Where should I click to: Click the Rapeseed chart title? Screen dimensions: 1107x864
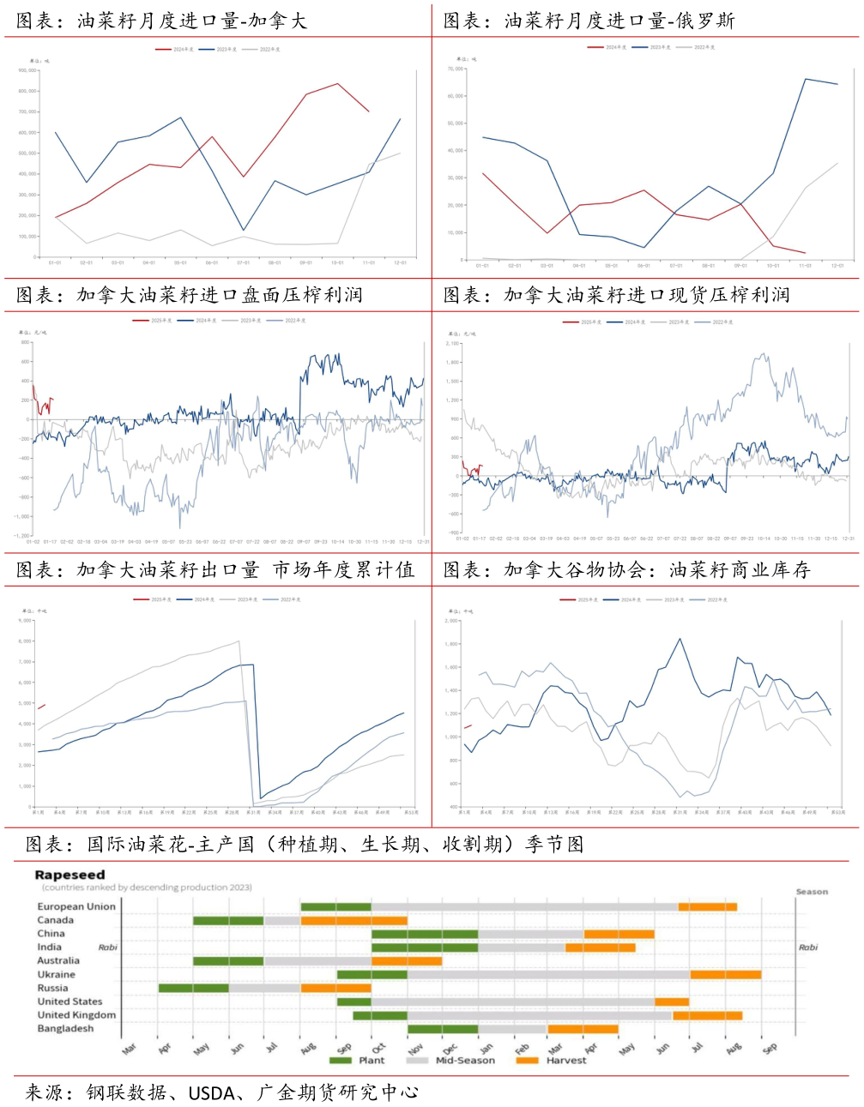point(69,875)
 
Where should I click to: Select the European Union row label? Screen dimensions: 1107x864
point(76,906)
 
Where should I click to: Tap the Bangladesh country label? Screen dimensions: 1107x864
point(65,1028)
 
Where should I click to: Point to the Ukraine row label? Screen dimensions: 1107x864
point(56,974)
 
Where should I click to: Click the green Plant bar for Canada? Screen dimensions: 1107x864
point(228,920)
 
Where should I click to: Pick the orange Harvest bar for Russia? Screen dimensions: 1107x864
point(335,988)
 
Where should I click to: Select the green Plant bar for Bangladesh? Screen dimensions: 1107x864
point(443,1029)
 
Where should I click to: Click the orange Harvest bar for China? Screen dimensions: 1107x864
point(619,934)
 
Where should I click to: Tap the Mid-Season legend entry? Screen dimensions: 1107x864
point(465,1061)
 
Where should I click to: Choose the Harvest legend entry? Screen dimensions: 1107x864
point(566,1061)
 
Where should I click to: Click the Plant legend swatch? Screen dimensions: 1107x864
point(341,1061)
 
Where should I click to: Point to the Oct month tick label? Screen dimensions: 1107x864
point(379,1047)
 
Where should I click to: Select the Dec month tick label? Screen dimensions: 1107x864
point(450,1047)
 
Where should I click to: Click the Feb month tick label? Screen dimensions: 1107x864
point(522,1047)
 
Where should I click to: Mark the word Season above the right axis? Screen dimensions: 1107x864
point(812,892)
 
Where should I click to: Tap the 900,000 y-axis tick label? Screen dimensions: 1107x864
point(27,70)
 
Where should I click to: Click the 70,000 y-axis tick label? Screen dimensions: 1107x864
point(456,69)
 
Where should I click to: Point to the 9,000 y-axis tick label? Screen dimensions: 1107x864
point(26,620)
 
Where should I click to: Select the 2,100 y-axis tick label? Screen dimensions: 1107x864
point(453,343)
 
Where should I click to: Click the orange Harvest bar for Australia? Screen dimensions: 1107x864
point(407,961)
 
